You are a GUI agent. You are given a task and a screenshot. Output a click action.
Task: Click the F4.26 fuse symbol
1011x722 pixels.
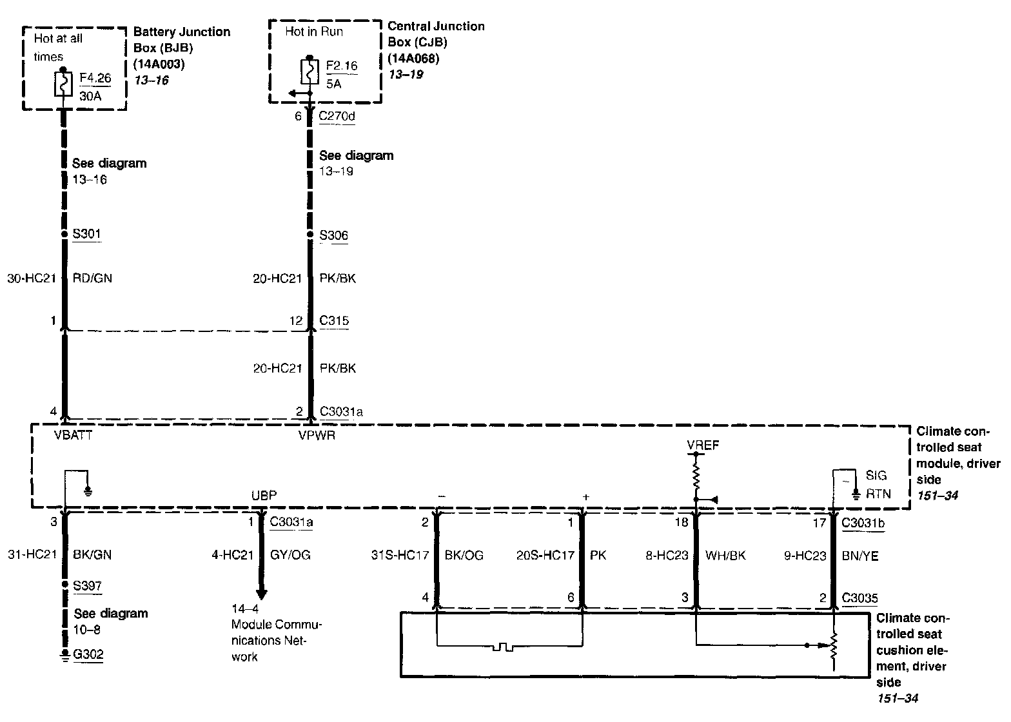63,84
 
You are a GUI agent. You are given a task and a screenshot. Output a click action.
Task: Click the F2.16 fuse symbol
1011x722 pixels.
310,72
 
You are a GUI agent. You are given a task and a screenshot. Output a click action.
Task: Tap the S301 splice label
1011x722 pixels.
86,233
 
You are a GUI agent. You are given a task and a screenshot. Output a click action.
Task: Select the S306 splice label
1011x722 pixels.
334,235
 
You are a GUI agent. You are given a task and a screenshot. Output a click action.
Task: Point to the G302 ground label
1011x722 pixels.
88,655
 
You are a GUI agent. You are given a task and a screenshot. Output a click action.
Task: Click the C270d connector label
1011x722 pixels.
337,117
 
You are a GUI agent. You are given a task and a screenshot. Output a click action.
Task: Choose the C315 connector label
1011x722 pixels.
334,320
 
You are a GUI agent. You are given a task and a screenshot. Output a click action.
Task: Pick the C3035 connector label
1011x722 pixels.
859,598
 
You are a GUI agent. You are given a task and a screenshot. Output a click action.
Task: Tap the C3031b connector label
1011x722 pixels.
863,523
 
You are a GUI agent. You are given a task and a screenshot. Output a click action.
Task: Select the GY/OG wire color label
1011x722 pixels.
290,554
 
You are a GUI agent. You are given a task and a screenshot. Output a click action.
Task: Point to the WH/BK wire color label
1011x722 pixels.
725,555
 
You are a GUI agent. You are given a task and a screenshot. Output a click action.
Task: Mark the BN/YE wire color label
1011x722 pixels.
860,555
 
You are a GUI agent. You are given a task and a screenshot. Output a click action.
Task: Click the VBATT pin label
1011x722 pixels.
74,435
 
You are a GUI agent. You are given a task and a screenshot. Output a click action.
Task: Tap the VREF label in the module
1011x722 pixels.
703,445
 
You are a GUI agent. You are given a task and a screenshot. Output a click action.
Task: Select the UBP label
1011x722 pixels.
264,496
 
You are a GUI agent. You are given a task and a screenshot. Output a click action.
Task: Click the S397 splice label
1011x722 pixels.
87,586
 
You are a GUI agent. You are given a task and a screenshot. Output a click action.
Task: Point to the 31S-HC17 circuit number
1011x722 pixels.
400,555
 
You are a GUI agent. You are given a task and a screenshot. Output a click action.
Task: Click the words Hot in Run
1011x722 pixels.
314,32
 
